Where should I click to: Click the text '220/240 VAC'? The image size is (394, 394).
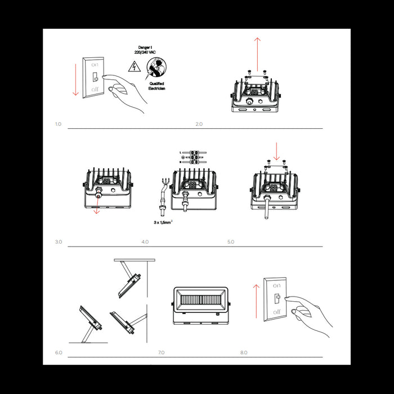click(x=145, y=52)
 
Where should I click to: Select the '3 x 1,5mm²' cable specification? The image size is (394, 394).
click(x=163, y=222)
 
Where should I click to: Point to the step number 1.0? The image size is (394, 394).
click(x=58, y=123)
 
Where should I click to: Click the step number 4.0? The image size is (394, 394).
click(x=145, y=241)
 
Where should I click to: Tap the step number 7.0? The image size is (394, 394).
click(x=161, y=352)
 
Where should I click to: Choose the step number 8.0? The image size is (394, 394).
click(x=244, y=352)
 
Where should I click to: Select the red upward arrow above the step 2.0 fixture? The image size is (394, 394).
click(x=257, y=53)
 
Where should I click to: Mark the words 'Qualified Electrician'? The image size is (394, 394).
click(x=156, y=86)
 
